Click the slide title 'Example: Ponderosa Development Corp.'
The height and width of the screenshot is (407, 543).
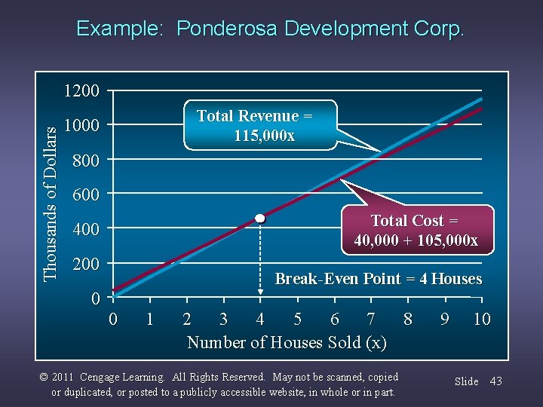pos(271,29)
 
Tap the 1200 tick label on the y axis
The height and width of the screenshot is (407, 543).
pos(81,91)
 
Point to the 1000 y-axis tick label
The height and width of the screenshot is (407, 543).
pos(81,125)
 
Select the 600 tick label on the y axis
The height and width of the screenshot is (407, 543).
pos(85,194)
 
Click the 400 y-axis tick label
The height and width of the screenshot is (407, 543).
pos(85,229)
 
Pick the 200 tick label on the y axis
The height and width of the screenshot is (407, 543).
pos(85,264)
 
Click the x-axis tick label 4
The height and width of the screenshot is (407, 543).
pos(260,319)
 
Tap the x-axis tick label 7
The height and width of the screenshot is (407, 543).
pos(370,319)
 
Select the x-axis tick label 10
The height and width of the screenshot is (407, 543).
pos(481,319)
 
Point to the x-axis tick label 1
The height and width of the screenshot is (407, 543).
pos(149,319)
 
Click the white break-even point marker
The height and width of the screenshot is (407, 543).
pos(260,218)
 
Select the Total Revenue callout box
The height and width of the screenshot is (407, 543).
pos(255,126)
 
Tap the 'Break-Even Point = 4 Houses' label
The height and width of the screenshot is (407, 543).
pos(378,279)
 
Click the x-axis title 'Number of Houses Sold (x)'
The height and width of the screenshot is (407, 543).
pos(287,343)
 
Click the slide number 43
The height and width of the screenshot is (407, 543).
pos(495,381)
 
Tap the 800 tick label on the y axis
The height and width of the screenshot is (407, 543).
pos(85,161)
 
